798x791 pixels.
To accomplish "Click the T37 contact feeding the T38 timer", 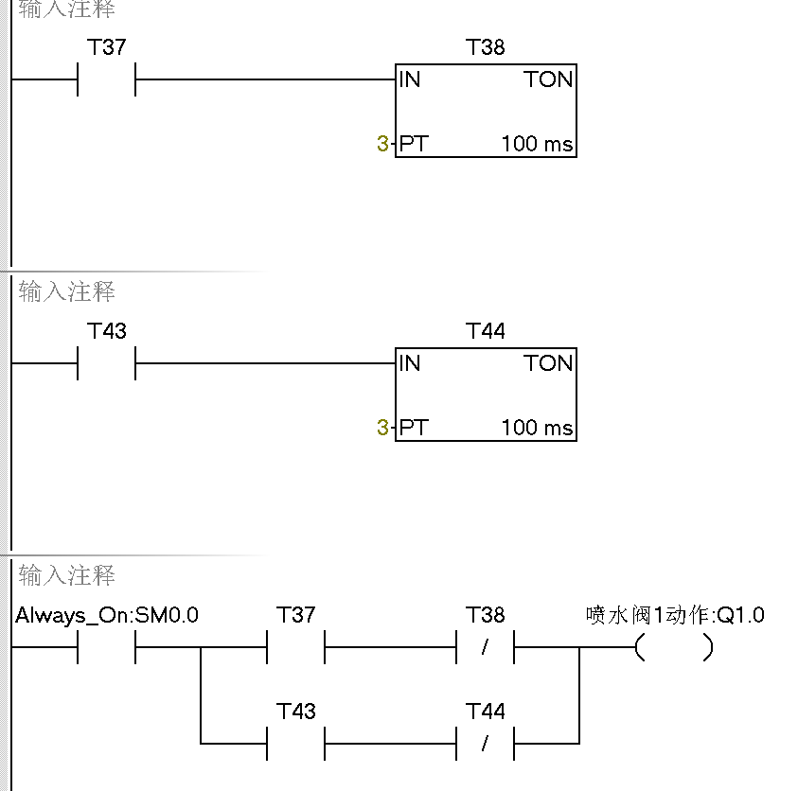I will [x=106, y=79].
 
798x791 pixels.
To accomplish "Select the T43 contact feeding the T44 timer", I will [x=106, y=363].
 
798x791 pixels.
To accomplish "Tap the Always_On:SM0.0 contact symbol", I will [x=106, y=648].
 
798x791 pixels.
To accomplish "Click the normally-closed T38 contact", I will [x=485, y=648].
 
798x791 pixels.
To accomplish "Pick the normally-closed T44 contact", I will [x=485, y=744].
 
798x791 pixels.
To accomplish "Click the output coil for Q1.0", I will [x=674, y=648].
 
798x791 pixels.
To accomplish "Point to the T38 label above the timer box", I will [x=486, y=47].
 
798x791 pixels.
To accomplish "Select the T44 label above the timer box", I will [x=486, y=331].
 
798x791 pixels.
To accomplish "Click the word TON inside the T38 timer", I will [x=549, y=79].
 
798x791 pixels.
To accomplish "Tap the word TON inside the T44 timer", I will [x=549, y=363].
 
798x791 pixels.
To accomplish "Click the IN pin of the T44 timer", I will [x=410, y=363].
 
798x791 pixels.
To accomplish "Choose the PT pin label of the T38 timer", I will [x=413, y=144].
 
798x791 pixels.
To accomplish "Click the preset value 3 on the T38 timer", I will [x=382, y=144].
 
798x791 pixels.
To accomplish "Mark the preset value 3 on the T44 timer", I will [x=382, y=428].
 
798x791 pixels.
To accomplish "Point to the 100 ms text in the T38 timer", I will [x=537, y=144].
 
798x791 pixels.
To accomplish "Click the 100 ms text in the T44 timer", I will [x=537, y=428].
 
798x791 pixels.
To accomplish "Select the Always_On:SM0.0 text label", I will [x=107, y=616].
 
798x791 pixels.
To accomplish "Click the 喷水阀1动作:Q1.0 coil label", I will [x=675, y=616].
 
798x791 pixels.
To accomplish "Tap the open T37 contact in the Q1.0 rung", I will [x=295, y=648].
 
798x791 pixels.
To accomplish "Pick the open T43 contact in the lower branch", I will [x=295, y=744].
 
